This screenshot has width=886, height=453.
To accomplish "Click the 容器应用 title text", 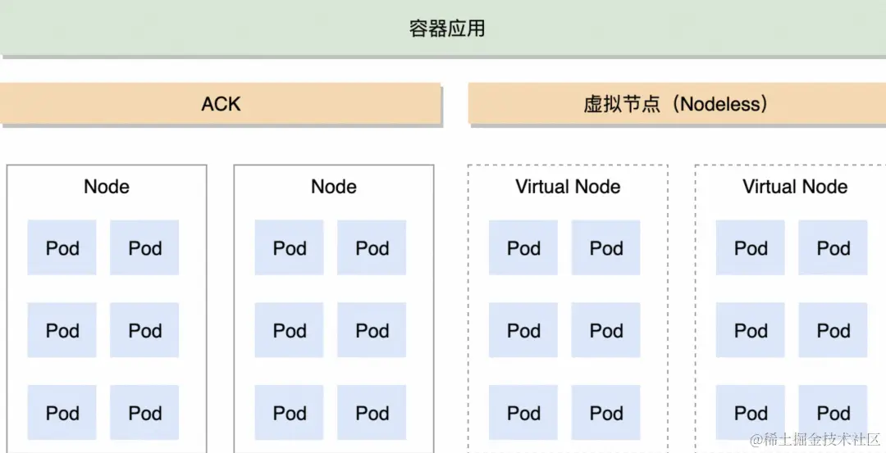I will (447, 29).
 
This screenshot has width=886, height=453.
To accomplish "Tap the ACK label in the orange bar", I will (221, 104).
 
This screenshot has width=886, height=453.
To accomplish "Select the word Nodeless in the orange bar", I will (724, 104).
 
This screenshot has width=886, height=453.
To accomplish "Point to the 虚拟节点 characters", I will (622, 104).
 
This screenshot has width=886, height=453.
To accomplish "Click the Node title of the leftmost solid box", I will (107, 187).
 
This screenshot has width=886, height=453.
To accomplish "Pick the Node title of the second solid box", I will (334, 187).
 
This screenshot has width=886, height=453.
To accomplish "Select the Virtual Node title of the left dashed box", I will (568, 187).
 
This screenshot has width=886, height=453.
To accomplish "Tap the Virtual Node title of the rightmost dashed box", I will (795, 187).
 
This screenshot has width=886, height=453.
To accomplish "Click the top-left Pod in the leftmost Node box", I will (62, 247).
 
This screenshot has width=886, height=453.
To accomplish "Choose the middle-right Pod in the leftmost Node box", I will (145, 330).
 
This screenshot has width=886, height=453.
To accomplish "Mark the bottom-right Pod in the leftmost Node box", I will (145, 413).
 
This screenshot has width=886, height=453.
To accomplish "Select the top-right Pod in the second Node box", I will (372, 247).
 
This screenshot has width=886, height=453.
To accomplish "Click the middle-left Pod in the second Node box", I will (290, 330).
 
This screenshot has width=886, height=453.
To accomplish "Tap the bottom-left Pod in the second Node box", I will (290, 413).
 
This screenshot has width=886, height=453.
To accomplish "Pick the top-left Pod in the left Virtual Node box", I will (523, 247).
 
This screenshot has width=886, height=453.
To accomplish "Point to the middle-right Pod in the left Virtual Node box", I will (606, 330).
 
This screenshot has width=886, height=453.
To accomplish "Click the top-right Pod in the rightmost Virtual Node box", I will (833, 247).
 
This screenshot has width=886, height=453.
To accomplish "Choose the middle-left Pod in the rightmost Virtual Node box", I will (751, 330).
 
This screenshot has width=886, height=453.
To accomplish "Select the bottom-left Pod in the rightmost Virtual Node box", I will (751, 413).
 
